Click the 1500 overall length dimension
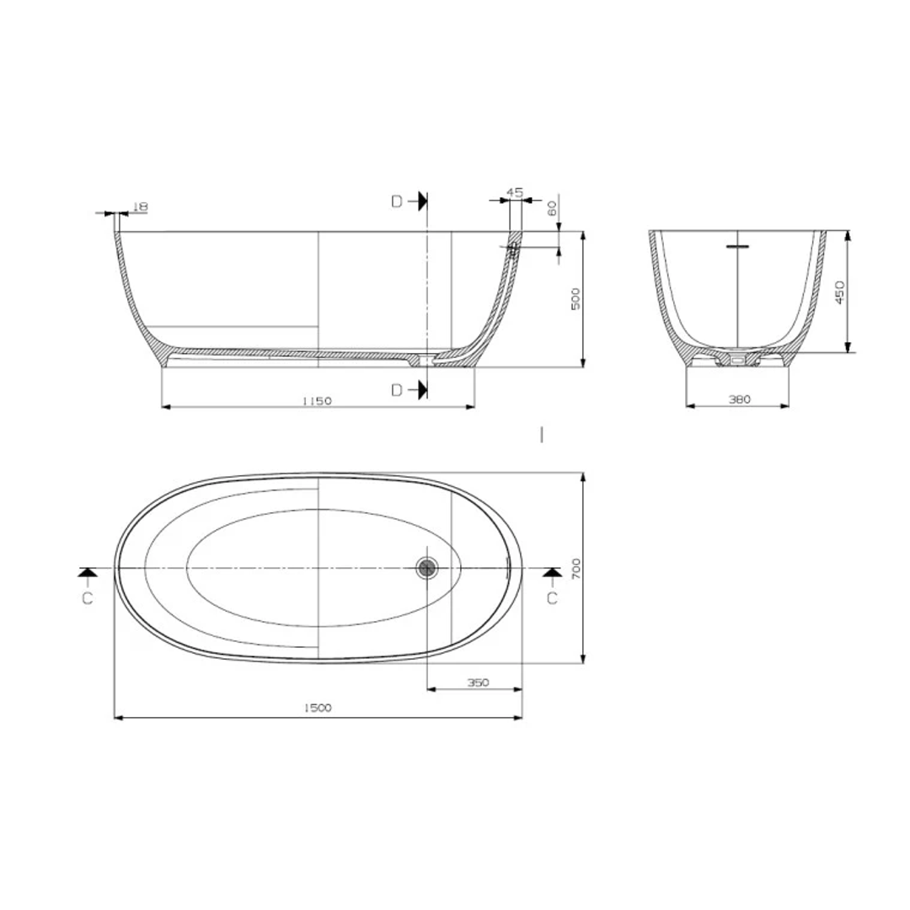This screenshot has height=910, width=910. click(318, 709)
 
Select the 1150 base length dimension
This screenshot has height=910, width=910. click(317, 401)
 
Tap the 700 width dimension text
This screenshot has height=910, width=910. click(576, 568)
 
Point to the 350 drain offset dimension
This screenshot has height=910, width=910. click(478, 682)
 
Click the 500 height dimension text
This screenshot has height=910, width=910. click(576, 299)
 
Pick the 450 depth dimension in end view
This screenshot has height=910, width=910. click(840, 292)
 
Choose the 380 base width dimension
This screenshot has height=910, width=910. click(739, 399)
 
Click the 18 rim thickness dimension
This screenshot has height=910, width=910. click(141, 207)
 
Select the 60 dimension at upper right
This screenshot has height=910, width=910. click(553, 208)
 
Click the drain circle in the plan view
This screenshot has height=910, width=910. click(428, 568)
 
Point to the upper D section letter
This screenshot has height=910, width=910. click(397, 202)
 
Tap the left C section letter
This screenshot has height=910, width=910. click(88, 597)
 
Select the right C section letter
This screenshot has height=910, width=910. click(552, 597)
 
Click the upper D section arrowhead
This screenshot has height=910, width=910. click(421, 201)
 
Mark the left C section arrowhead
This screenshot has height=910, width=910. click(88, 573)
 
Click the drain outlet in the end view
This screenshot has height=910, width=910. click(738, 359)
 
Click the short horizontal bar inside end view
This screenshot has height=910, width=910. click(737, 247)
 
